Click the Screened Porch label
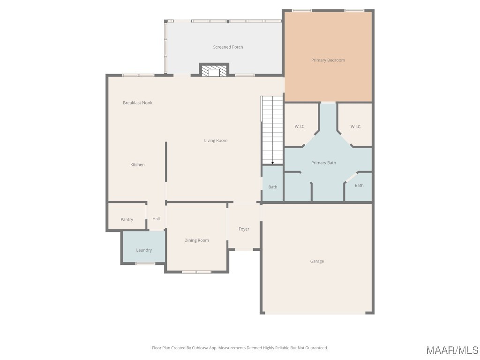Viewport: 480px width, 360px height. click(x=228, y=47)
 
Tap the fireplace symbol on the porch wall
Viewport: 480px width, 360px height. click(x=214, y=70)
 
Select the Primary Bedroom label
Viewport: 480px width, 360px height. click(x=328, y=60)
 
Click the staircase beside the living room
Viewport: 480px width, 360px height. click(x=272, y=130)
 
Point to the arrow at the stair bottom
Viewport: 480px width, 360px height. click(x=272, y=163)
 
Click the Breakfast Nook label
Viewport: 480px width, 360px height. click(x=137, y=103)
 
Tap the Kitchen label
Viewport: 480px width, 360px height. click(x=137, y=165)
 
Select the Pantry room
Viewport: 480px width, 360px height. click(x=127, y=217)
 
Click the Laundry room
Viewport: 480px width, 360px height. click(x=144, y=247)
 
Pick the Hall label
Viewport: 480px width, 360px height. click(x=156, y=219)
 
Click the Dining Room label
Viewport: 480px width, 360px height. click(x=196, y=240)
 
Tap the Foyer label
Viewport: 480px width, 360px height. click(x=244, y=229)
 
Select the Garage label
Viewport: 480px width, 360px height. click(x=317, y=261)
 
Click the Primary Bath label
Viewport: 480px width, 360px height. click(x=323, y=163)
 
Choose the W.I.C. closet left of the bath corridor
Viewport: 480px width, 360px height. click(x=300, y=125)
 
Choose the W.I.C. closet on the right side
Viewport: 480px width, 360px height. click(x=355, y=125)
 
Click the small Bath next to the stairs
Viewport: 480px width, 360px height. click(x=272, y=184)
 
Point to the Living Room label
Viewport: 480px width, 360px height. click(x=216, y=141)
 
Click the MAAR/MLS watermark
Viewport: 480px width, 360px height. click(x=452, y=350)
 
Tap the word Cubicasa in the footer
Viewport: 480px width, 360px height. click(x=200, y=348)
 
